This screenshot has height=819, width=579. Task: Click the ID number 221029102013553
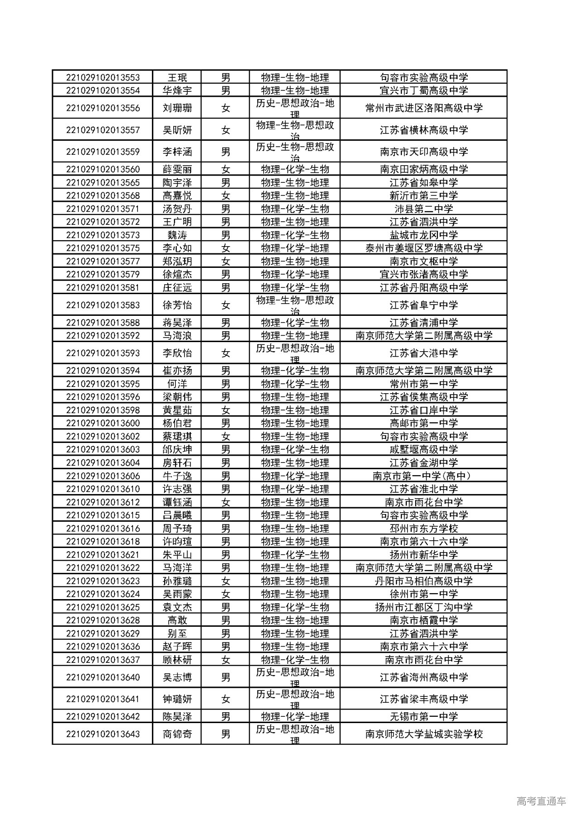[103, 77]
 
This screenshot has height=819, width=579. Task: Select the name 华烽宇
[177, 90]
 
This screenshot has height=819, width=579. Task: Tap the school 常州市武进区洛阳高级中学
[423, 108]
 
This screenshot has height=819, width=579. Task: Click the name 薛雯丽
[177, 170]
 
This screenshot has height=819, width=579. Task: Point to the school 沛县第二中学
[423, 209]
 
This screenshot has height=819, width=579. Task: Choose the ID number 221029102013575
[103, 248]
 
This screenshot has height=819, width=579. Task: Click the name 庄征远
[177, 288]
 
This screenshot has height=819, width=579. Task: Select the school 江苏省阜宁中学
[423, 305]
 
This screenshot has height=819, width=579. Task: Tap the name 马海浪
[177, 336]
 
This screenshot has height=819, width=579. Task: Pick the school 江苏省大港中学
[423, 353]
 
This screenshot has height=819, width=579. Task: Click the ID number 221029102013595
[103, 384]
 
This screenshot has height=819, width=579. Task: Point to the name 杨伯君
[177, 424]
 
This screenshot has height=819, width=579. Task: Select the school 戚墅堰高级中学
[423, 450]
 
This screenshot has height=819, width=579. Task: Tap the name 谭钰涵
[177, 502]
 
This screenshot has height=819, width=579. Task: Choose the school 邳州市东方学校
[423, 529]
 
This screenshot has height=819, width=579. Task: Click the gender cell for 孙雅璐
[225, 581]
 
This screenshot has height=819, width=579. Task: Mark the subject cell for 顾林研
[295, 660]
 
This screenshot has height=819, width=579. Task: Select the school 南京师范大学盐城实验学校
[423, 734]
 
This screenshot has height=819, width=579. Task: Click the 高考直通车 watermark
[541, 801]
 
